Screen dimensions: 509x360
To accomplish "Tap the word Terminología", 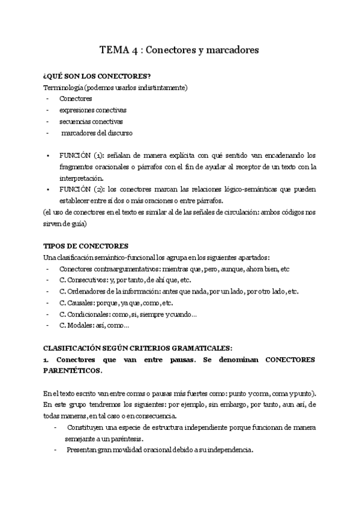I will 62,87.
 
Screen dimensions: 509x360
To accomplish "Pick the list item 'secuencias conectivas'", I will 91,121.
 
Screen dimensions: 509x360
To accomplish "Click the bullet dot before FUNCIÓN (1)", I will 48,155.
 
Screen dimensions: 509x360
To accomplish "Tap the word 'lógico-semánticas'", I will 259,189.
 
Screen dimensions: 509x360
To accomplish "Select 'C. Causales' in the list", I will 77,303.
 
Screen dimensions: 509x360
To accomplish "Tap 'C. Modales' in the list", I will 76,326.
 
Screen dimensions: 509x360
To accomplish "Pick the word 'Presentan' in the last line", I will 82,450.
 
